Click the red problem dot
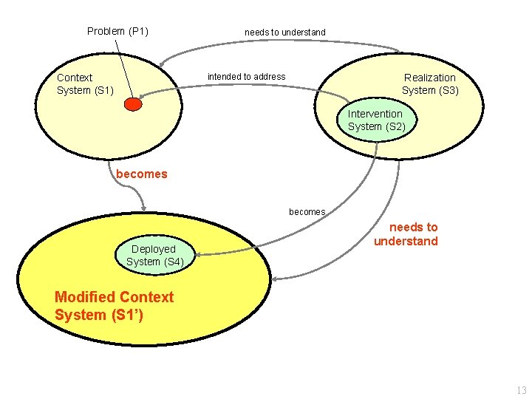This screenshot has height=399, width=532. [x=133, y=104]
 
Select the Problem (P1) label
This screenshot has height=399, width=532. [x=117, y=31]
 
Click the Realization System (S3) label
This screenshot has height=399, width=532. [x=429, y=83]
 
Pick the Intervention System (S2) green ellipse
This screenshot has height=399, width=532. [x=376, y=120]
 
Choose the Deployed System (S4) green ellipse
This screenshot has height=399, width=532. [x=153, y=255]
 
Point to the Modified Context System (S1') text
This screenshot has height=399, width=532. [x=114, y=306]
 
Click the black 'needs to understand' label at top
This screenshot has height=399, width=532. [x=284, y=32]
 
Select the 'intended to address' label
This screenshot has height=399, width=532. [x=246, y=77]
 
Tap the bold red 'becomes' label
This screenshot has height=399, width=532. [x=141, y=174]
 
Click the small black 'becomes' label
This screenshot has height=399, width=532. [x=307, y=212]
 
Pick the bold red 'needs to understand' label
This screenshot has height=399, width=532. [x=406, y=234]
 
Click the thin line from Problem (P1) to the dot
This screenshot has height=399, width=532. [x=123, y=66]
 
